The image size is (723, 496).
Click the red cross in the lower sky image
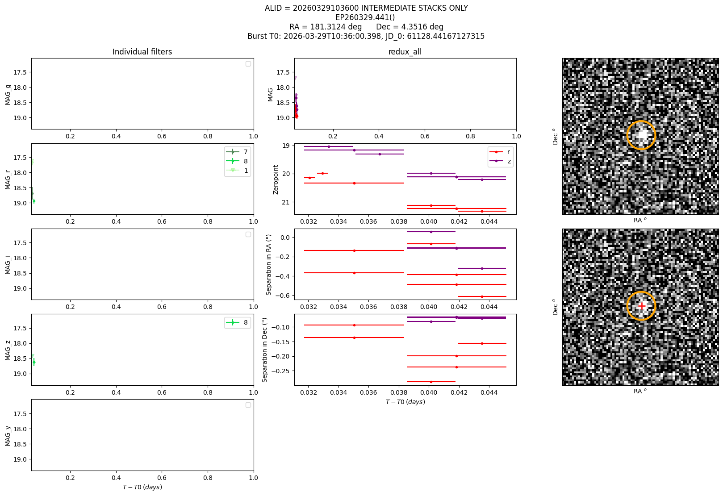point(642,306)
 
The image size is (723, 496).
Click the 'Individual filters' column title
point(142,52)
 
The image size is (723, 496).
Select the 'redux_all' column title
point(405,52)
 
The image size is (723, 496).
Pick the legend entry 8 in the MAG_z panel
point(237,322)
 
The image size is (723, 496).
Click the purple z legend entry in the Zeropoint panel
point(500,161)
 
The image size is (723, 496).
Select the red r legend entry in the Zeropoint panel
point(500,152)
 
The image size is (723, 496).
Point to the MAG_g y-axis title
point(8,95)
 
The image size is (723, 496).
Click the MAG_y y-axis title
point(8,436)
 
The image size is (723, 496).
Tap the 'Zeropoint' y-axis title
point(276,180)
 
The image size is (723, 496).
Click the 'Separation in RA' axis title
point(268,265)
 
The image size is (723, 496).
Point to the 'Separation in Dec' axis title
point(265,350)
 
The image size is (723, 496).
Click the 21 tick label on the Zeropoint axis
point(286,202)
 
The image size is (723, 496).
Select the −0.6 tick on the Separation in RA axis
point(282,296)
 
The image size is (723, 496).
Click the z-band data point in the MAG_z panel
point(34,363)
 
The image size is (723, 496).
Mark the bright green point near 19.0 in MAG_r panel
point(34,201)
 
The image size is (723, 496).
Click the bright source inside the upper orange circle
point(642,134)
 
